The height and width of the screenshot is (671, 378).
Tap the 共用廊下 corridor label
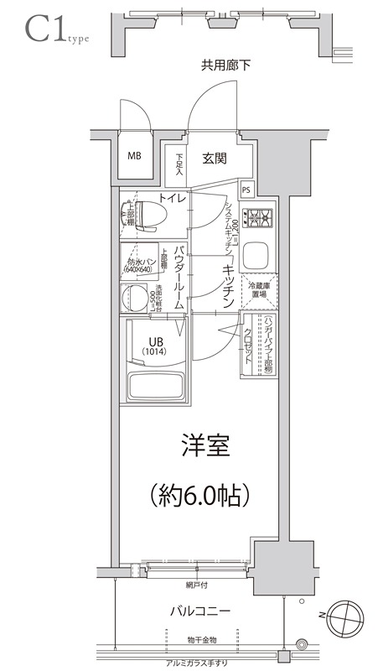[x=225, y=65]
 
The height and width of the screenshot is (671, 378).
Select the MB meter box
[x=134, y=156]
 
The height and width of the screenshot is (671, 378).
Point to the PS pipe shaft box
[x=246, y=189]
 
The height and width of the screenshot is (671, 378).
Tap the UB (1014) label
[x=157, y=345]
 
